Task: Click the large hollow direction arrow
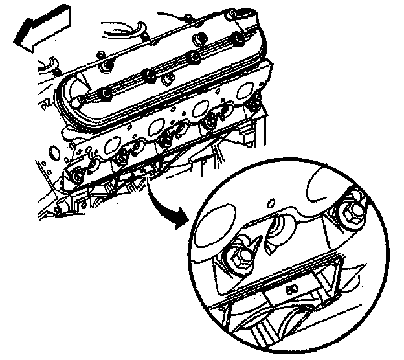(41, 29)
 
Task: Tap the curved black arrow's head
(183, 219)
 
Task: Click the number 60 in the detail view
(292, 289)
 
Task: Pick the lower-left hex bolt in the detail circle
(238, 258)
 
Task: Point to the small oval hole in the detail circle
(271, 203)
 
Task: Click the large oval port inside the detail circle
(216, 225)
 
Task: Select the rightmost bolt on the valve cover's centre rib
(239, 38)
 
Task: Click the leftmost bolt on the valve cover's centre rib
(106, 93)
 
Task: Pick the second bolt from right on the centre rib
(194, 56)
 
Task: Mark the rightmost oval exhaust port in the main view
(246, 91)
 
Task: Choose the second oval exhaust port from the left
(155, 126)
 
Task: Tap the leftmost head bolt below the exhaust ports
(77, 176)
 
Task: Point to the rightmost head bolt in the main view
(255, 104)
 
